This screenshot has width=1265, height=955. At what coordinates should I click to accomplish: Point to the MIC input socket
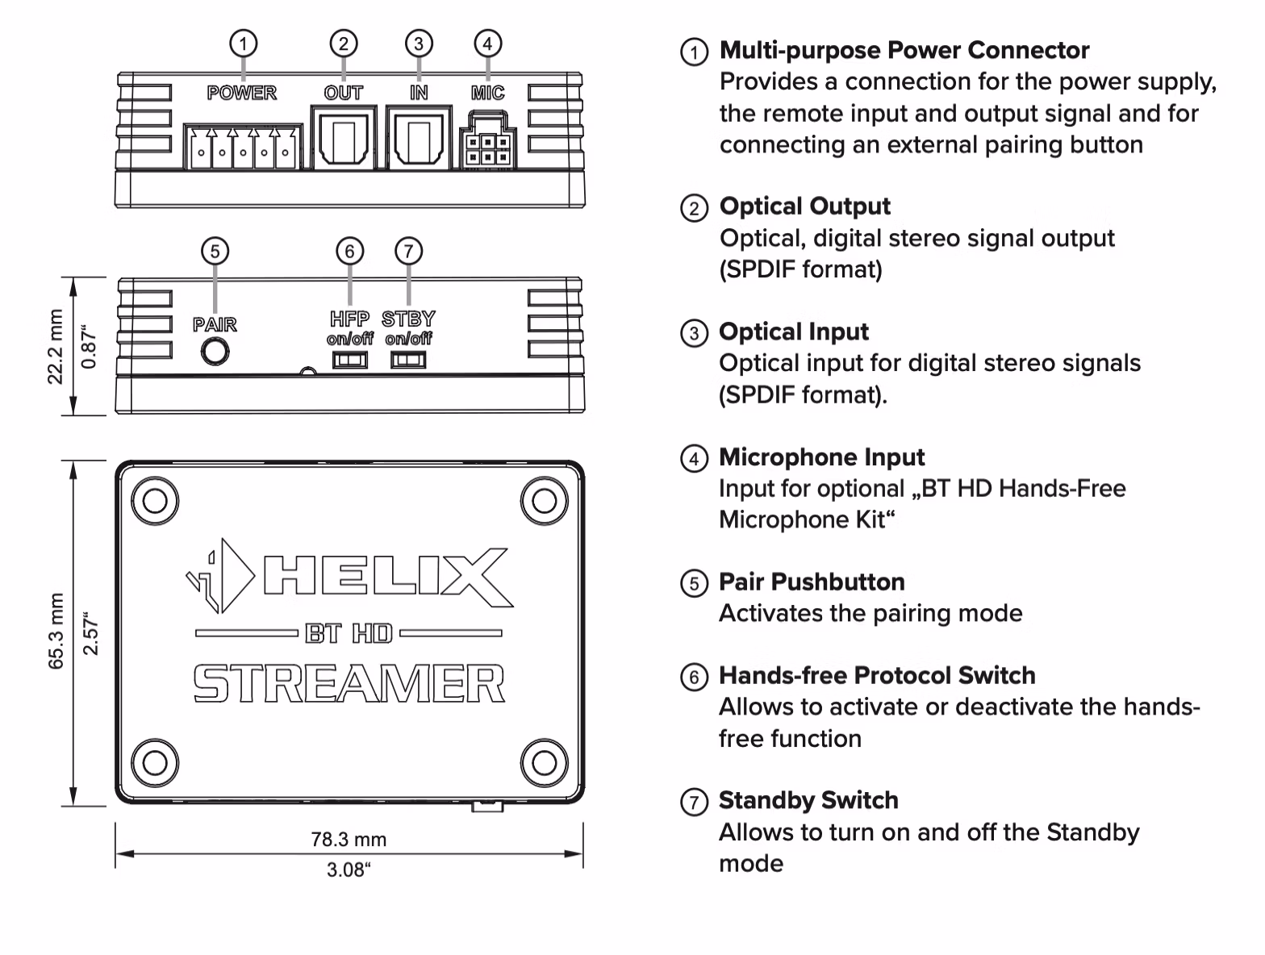click(x=487, y=148)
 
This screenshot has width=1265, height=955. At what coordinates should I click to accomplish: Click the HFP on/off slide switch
click(x=350, y=361)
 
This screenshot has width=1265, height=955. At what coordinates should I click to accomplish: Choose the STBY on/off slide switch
click(x=408, y=361)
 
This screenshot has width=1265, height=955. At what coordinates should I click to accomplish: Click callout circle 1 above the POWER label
click(x=243, y=43)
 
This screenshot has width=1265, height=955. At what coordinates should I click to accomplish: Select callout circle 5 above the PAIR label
click(x=215, y=251)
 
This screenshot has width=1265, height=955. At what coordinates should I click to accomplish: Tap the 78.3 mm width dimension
click(x=349, y=840)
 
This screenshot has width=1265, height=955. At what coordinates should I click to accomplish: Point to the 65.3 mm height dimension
click(x=56, y=631)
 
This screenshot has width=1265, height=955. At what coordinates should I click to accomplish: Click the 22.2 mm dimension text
click(x=56, y=347)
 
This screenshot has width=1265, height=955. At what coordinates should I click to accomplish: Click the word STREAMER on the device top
click(x=349, y=685)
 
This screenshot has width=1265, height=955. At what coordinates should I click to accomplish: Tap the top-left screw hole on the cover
click(x=155, y=501)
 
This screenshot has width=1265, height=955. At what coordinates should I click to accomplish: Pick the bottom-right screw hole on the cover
click(x=544, y=762)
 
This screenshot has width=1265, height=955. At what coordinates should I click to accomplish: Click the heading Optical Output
click(x=804, y=206)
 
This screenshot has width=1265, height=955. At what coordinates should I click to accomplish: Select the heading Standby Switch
click(x=808, y=800)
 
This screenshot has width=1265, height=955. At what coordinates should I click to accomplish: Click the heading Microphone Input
click(x=821, y=457)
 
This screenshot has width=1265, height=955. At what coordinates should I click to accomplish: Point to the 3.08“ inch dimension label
click(x=349, y=870)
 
